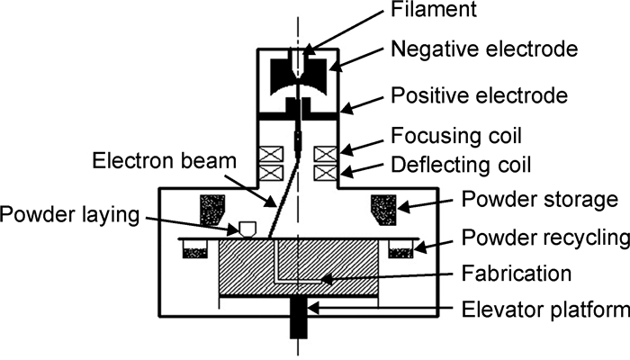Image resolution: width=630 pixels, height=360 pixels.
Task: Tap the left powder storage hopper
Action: (x=214, y=209)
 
